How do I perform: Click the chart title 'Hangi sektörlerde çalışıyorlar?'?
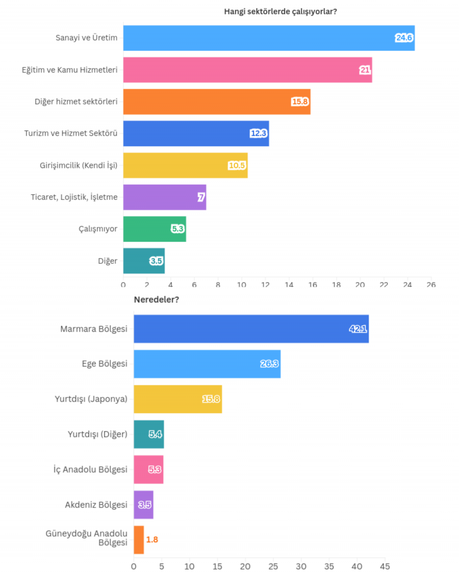(280, 12)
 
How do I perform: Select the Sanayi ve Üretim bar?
(269, 38)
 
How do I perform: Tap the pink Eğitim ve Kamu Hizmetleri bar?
(247, 70)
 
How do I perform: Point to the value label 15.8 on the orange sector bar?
(300, 102)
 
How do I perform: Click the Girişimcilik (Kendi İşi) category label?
(79, 165)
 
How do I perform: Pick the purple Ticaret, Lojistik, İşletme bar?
(164, 197)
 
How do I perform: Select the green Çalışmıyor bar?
(154, 229)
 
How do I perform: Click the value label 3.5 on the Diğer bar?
(156, 261)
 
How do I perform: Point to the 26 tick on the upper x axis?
(431, 285)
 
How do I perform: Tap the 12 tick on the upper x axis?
(265, 285)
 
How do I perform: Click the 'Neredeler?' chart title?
(156, 300)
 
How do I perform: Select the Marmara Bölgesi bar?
(251, 329)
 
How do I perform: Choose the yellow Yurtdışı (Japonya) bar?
(177, 399)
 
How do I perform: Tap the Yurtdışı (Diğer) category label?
(97, 434)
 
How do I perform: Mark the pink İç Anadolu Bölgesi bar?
(148, 469)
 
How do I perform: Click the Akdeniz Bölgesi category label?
(96, 505)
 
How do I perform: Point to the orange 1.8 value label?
(152, 539)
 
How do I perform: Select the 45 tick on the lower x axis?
(385, 566)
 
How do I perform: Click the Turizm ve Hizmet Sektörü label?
(71, 134)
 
